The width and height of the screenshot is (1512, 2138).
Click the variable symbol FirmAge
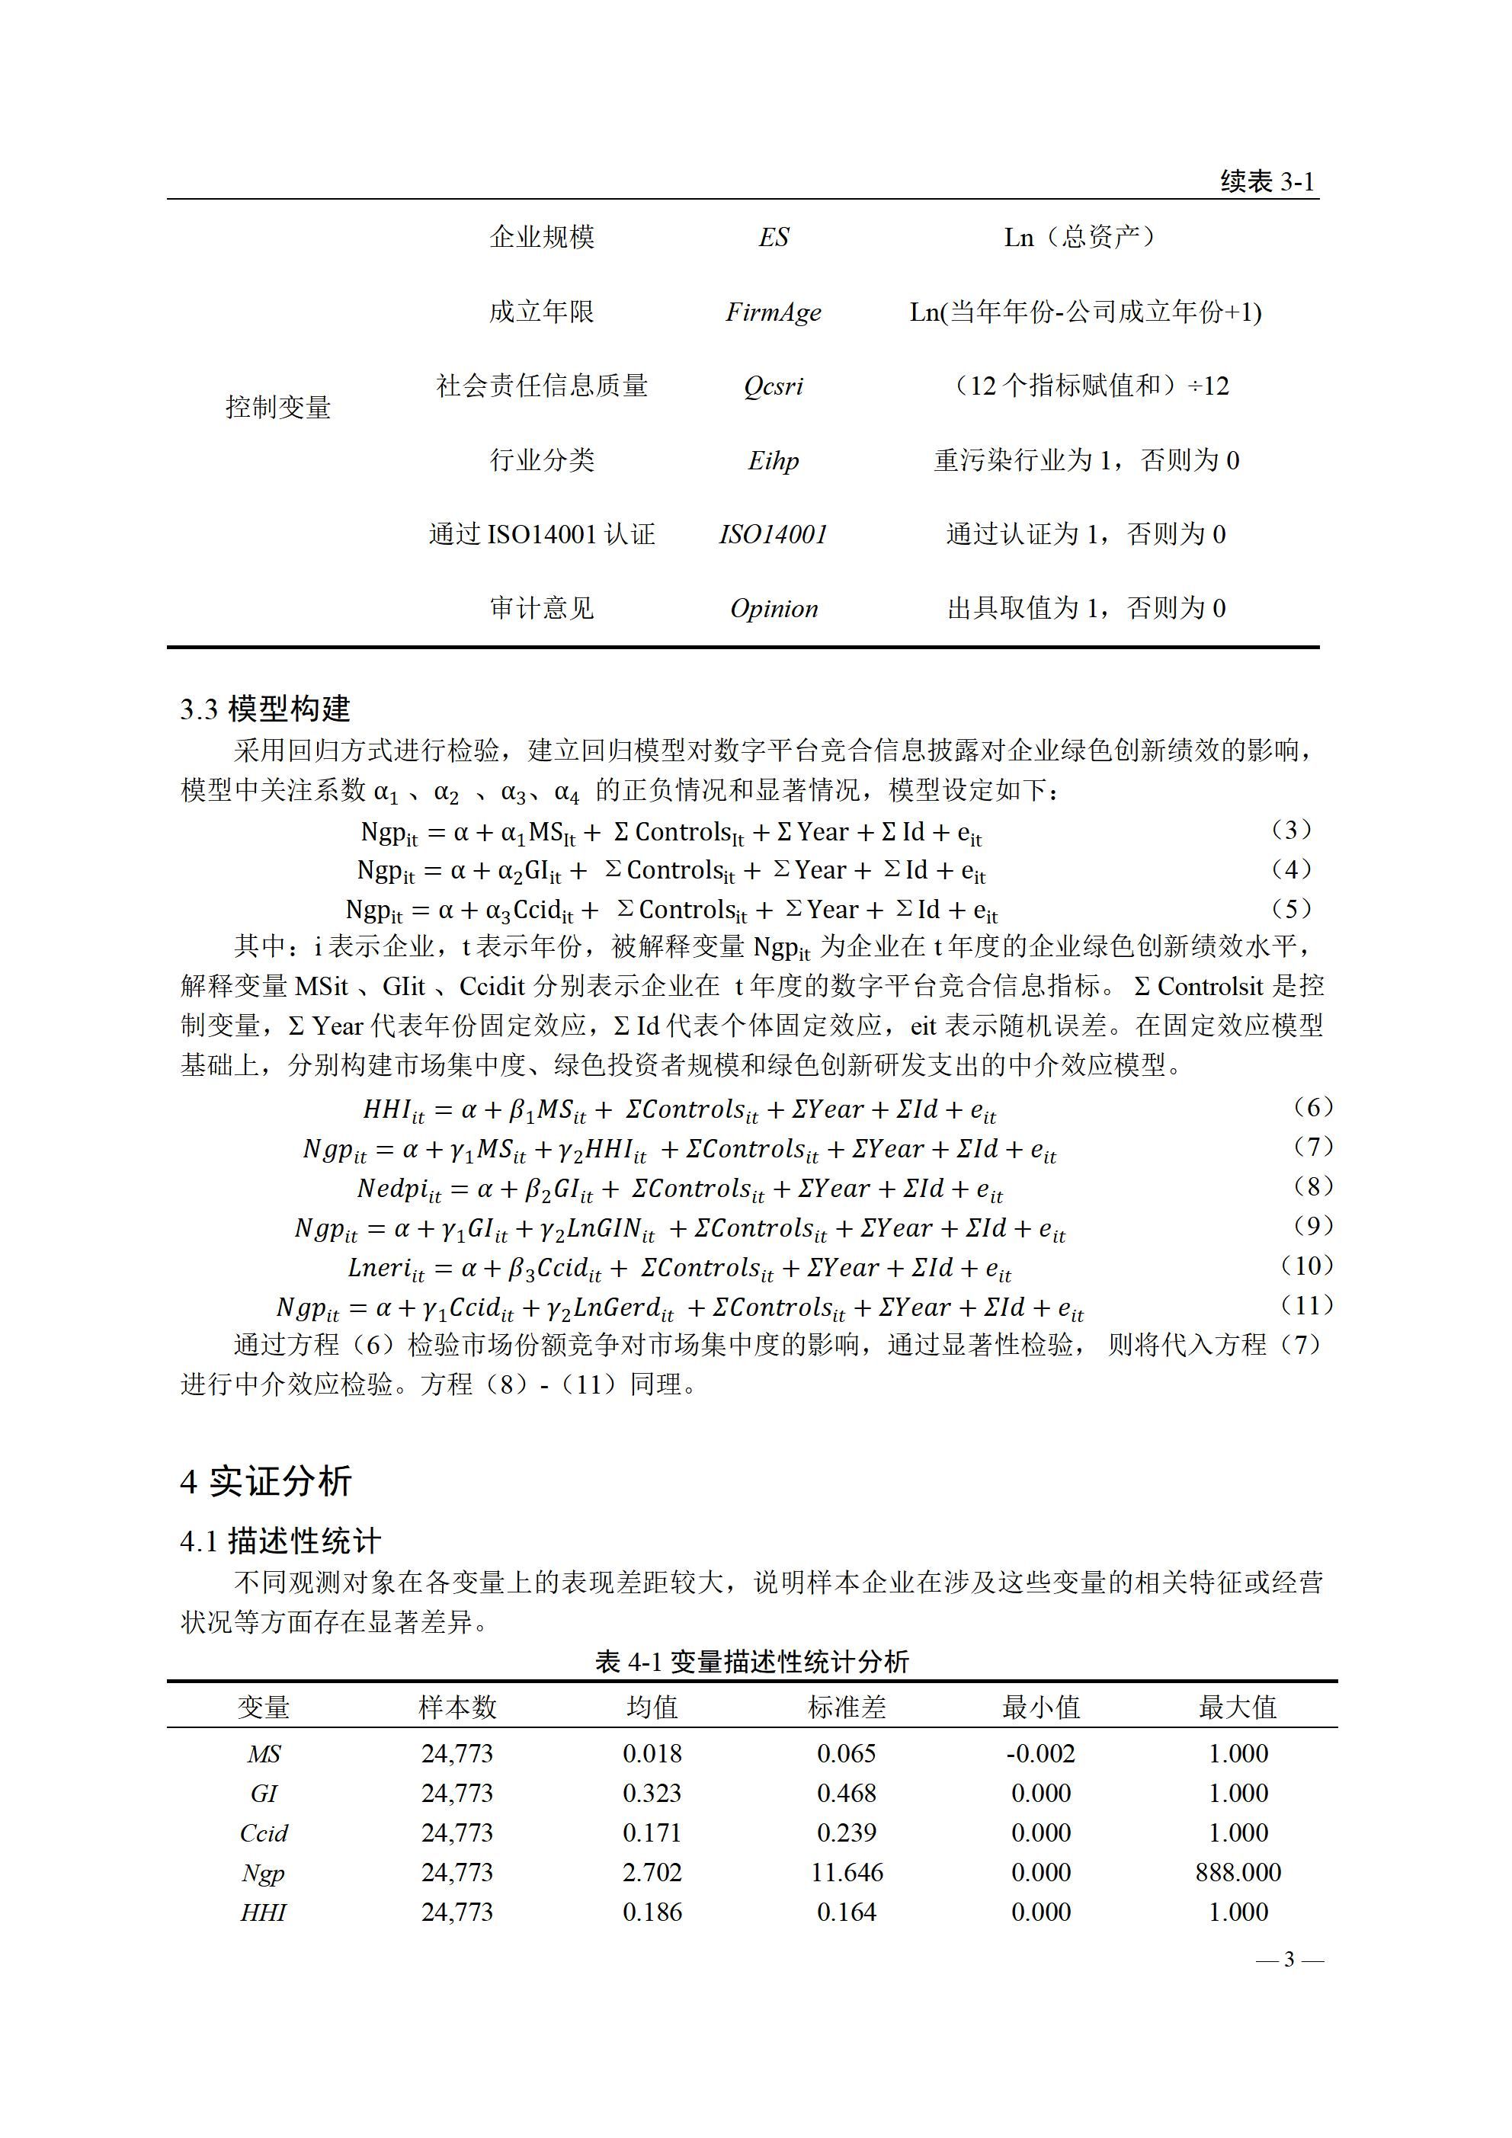[x=774, y=312]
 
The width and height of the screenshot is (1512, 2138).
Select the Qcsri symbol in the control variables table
[x=774, y=386]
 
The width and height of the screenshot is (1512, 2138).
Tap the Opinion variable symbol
[x=774, y=609]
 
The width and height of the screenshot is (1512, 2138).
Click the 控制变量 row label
[x=277, y=407]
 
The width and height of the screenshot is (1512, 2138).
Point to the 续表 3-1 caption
[x=1267, y=181]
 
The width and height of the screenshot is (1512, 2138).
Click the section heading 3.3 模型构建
[x=265, y=709]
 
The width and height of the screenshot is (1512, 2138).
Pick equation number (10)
[x=1307, y=1266]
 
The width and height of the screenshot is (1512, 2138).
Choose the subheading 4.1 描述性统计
[x=280, y=1541]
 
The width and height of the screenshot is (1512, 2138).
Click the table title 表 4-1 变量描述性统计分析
[x=751, y=1661]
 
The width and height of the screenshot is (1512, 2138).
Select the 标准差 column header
[x=846, y=1707]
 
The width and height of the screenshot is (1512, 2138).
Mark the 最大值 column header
[x=1237, y=1707]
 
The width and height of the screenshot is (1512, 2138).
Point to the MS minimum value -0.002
[x=1040, y=1753]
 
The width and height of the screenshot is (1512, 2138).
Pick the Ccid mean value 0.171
[x=652, y=1832]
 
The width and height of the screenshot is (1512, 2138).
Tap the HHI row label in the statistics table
[x=264, y=1912]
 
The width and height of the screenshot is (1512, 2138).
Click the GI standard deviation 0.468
[x=846, y=1793]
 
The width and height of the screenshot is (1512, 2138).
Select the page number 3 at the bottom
[x=1289, y=1959]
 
